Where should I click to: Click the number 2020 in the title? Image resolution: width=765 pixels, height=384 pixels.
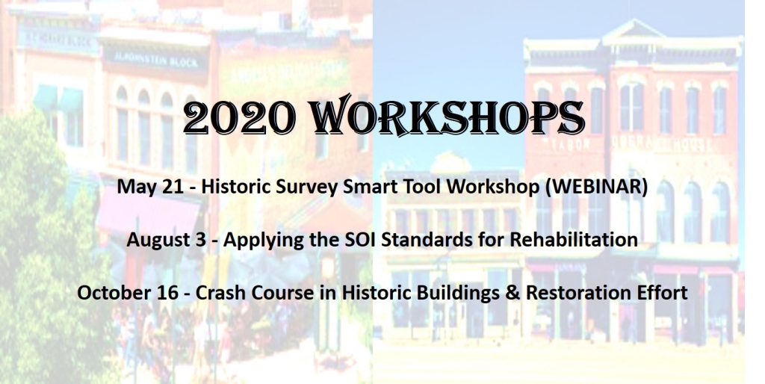[239, 117]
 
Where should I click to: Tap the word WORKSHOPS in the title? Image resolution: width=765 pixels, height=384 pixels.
[447, 116]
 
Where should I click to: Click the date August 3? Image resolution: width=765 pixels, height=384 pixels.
[167, 240]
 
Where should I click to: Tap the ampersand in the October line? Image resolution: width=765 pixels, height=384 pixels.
[513, 293]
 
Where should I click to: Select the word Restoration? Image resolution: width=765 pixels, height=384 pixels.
[579, 293]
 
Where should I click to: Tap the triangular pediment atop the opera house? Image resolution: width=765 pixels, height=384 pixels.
[633, 31]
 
